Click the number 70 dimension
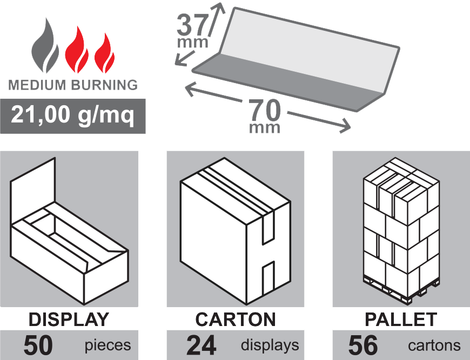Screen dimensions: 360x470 [x=265, y=111]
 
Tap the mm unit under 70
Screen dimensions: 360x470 [x=265, y=128]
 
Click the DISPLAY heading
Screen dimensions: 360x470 [x=69, y=319]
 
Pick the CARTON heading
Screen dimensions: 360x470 [x=236, y=319]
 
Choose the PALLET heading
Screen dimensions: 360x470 [x=401, y=319]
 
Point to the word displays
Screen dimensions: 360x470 [x=270, y=345]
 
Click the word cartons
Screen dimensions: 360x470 [x=434, y=345]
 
